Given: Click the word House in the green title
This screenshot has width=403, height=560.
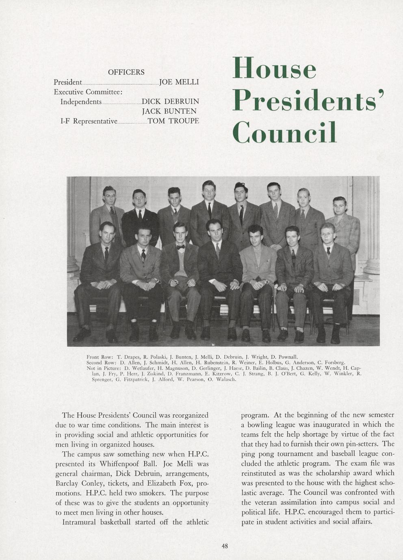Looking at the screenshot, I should pyautogui.click(x=274, y=68).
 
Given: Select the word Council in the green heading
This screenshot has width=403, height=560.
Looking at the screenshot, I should pyautogui.click(x=284, y=132).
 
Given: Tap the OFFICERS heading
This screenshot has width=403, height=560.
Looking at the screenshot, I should pyautogui.click(x=126, y=72).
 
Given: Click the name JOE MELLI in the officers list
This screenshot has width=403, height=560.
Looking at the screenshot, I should pyautogui.click(x=179, y=82).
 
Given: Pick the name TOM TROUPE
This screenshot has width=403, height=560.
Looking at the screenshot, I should pyautogui.click(x=173, y=121).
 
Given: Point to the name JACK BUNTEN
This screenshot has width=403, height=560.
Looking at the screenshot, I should pyautogui.click(x=169, y=111).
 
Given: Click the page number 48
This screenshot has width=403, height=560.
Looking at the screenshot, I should pyautogui.click(x=225, y=546).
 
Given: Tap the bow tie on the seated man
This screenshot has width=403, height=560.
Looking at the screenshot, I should pyautogui.click(x=180, y=246).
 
